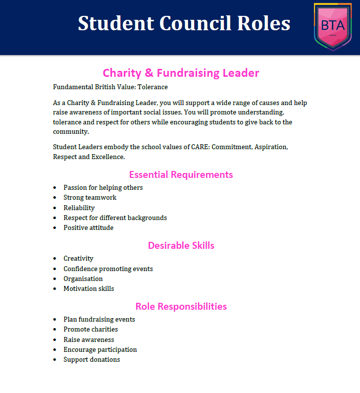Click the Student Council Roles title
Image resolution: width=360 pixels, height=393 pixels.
click(x=184, y=23)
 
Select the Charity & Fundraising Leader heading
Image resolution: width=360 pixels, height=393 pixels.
click(x=181, y=73)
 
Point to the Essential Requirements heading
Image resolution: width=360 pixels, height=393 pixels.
click(x=181, y=174)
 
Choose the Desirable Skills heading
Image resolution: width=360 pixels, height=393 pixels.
click(x=181, y=245)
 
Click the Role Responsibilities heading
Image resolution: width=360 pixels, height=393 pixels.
click(x=181, y=306)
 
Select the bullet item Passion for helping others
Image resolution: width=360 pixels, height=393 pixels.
click(x=103, y=188)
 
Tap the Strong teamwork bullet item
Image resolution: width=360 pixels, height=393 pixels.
click(x=90, y=198)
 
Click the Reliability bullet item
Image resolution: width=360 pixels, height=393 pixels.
click(x=79, y=208)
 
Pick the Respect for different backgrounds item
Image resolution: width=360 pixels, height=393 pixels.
click(x=115, y=218)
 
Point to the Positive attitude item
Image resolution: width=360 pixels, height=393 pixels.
click(x=88, y=228)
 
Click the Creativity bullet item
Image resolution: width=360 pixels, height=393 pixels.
click(x=78, y=259)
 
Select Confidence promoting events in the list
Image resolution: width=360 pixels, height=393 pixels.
click(x=108, y=269)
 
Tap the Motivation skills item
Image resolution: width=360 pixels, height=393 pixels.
click(x=89, y=289)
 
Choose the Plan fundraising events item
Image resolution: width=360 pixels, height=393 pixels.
click(x=99, y=320)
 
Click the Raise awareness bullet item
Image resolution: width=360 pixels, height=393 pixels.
click(x=89, y=339)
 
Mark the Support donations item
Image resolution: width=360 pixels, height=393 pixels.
click(x=92, y=360)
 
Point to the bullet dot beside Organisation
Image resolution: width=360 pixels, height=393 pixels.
click(x=55, y=279)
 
